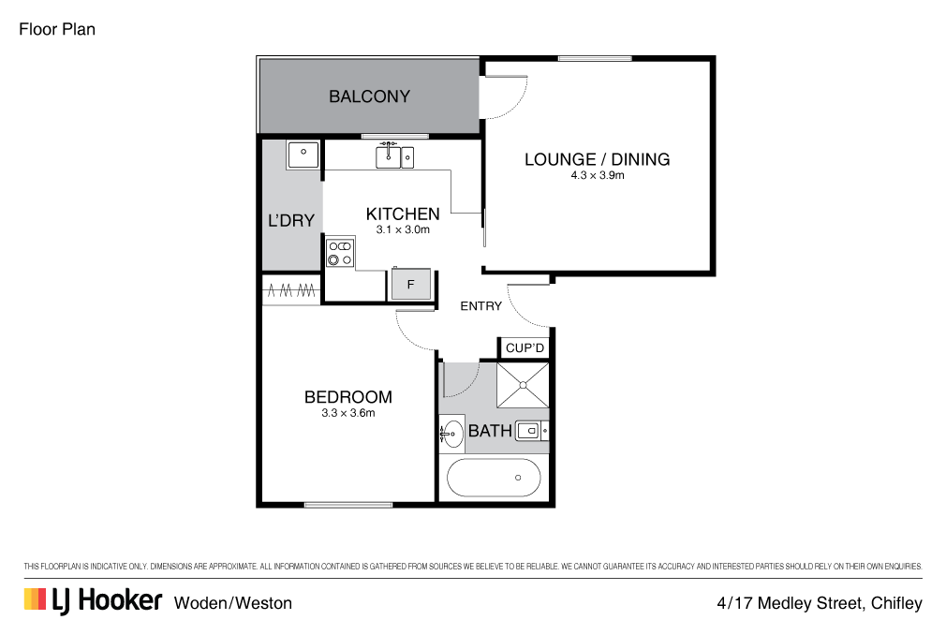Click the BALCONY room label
tap(369, 96)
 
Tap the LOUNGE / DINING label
tap(597, 159)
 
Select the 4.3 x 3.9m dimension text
tap(597, 175)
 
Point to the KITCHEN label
tap(402, 214)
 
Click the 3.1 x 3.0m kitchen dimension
tap(402, 229)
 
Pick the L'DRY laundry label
tap(290, 221)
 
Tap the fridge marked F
tap(410, 284)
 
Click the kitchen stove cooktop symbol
tap(339, 253)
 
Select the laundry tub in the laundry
tap(303, 154)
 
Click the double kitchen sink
tap(394, 157)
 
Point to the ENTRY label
tap(480, 306)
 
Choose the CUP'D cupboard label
tap(525, 348)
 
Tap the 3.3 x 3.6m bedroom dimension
tap(341, 413)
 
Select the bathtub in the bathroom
tap(494, 478)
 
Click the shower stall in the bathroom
tap(522, 384)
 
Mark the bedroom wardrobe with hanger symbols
tap(290, 291)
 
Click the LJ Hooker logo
tap(93, 601)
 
